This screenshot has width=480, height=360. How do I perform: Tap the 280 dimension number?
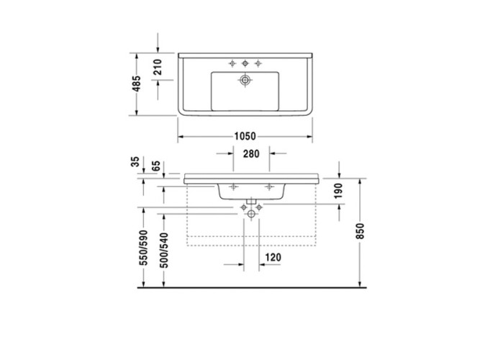pyautogui.click(x=250, y=154)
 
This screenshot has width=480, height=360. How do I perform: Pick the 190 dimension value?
pyautogui.click(x=340, y=191)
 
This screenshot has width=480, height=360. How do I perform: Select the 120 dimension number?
pyautogui.click(x=273, y=258)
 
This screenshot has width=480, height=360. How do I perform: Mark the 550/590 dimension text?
pyautogui.click(x=143, y=248)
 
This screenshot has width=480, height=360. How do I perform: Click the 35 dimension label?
pyautogui.click(x=135, y=163)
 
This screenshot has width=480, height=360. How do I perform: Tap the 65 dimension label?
pyautogui.click(x=155, y=164)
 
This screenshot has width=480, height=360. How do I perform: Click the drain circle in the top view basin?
pyautogui.click(x=245, y=81)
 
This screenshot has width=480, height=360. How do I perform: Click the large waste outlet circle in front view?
pyautogui.click(x=251, y=213)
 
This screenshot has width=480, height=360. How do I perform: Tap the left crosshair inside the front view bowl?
pyautogui.click(x=232, y=186)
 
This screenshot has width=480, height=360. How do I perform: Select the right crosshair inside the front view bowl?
pyautogui.click(x=270, y=186)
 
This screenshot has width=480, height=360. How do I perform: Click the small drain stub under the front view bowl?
pyautogui.click(x=251, y=199)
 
